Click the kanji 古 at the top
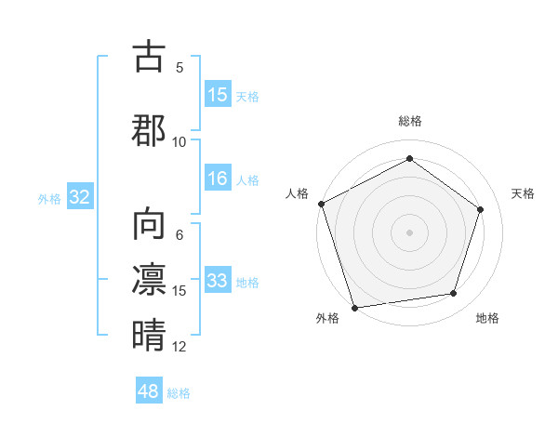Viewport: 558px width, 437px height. pyautogui.click(x=149, y=58)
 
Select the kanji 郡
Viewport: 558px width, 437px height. pyautogui.click(x=149, y=129)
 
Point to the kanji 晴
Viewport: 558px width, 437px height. pyautogui.click(x=149, y=334)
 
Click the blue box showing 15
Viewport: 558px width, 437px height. pyautogui.click(x=218, y=95)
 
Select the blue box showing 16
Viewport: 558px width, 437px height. pyautogui.click(x=218, y=179)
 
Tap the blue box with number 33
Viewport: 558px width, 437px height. pyautogui.click(x=218, y=282)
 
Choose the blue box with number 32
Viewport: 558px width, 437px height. pyautogui.click(x=79, y=198)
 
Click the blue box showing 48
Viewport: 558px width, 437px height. pyautogui.click(x=149, y=392)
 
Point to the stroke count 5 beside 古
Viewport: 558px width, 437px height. pyautogui.click(x=179, y=67)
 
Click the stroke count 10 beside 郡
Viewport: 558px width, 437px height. pyautogui.click(x=179, y=141)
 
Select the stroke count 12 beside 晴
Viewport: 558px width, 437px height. pyautogui.click(x=179, y=347)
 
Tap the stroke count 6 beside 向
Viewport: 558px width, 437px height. pyautogui.click(x=179, y=235)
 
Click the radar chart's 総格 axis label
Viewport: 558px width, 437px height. pyautogui.click(x=410, y=121)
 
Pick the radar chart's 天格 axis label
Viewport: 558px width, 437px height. pyautogui.click(x=524, y=193)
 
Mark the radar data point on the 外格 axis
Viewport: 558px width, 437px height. pyautogui.click(x=354, y=307)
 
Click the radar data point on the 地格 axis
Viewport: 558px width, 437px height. pyautogui.click(x=454, y=294)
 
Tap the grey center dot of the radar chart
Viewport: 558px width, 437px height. pyautogui.click(x=410, y=232)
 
